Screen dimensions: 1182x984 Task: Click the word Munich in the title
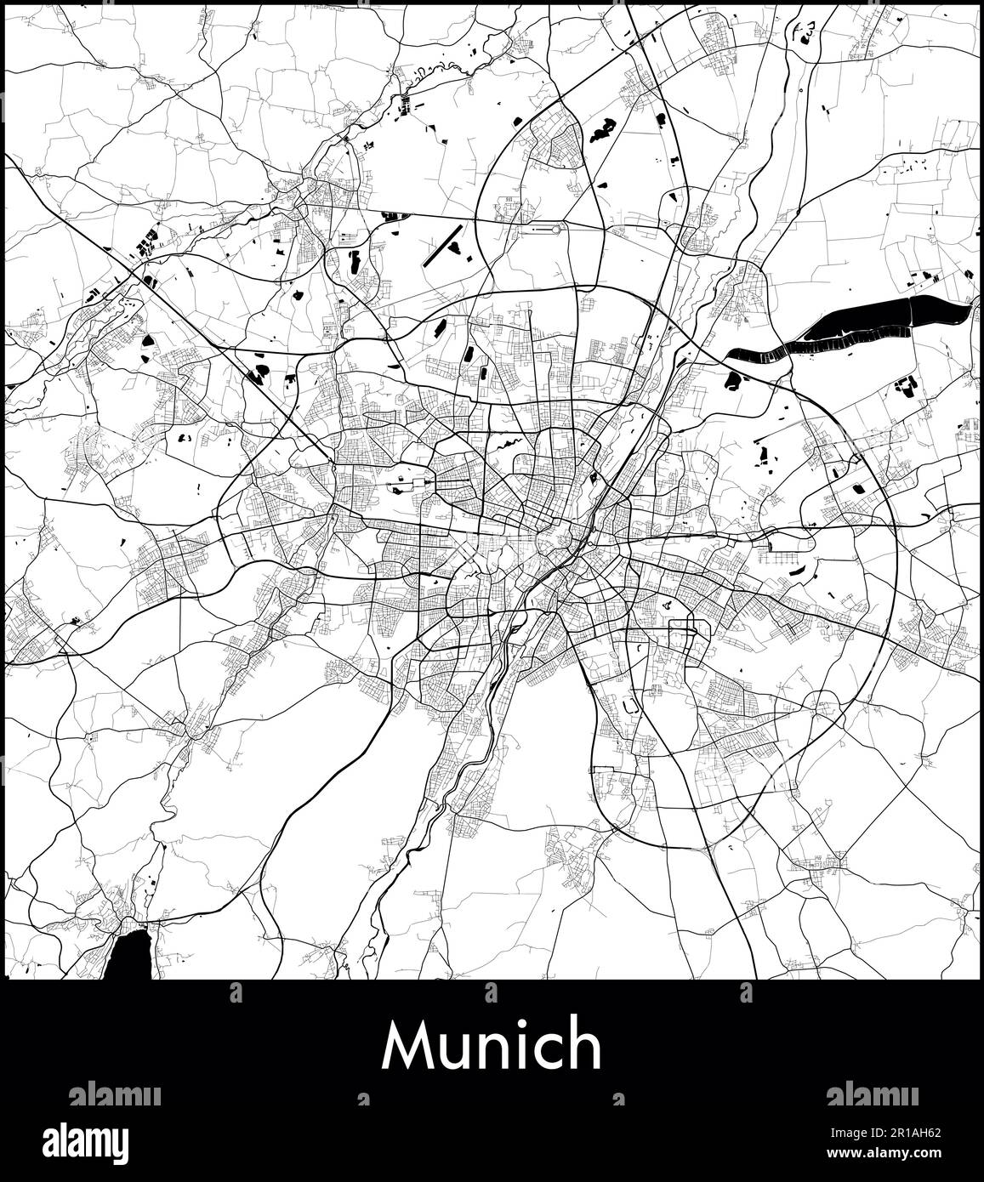(x=492, y=1046)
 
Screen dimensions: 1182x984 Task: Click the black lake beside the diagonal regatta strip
(x=454, y=248)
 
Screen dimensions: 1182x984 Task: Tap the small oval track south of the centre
(x=630, y=706)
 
